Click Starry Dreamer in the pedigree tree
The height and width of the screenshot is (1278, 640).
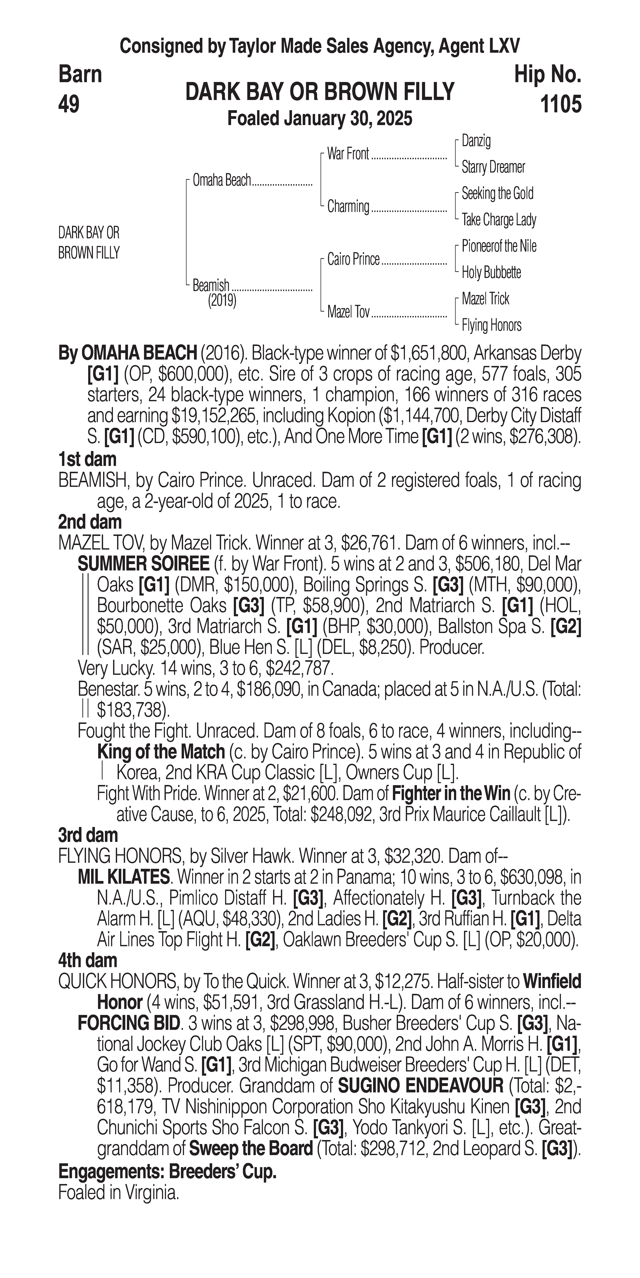pos(493,167)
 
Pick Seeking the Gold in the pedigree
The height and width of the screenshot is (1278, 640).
pos(497,193)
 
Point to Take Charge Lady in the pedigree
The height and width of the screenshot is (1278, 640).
pos(499,220)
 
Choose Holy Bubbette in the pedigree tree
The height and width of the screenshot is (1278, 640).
pos(491,272)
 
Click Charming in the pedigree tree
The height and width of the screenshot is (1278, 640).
pos(348,206)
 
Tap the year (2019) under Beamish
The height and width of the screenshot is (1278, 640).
pos(222,300)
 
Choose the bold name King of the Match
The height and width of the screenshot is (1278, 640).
pos(161,752)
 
